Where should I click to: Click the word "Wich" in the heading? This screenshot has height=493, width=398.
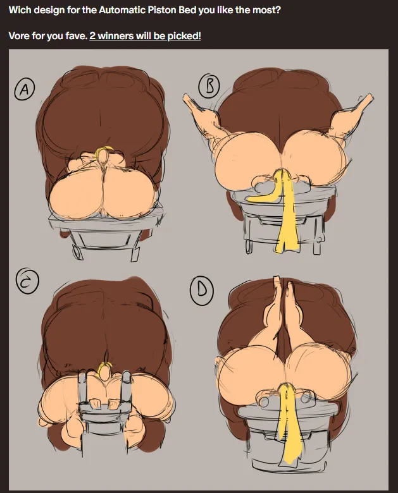click(20, 10)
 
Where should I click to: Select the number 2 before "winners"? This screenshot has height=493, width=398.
click(92, 36)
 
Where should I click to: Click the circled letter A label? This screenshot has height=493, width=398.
click(24, 89)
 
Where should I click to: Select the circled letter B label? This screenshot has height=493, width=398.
click(209, 85)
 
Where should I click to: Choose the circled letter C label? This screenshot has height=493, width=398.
click(27, 281)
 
